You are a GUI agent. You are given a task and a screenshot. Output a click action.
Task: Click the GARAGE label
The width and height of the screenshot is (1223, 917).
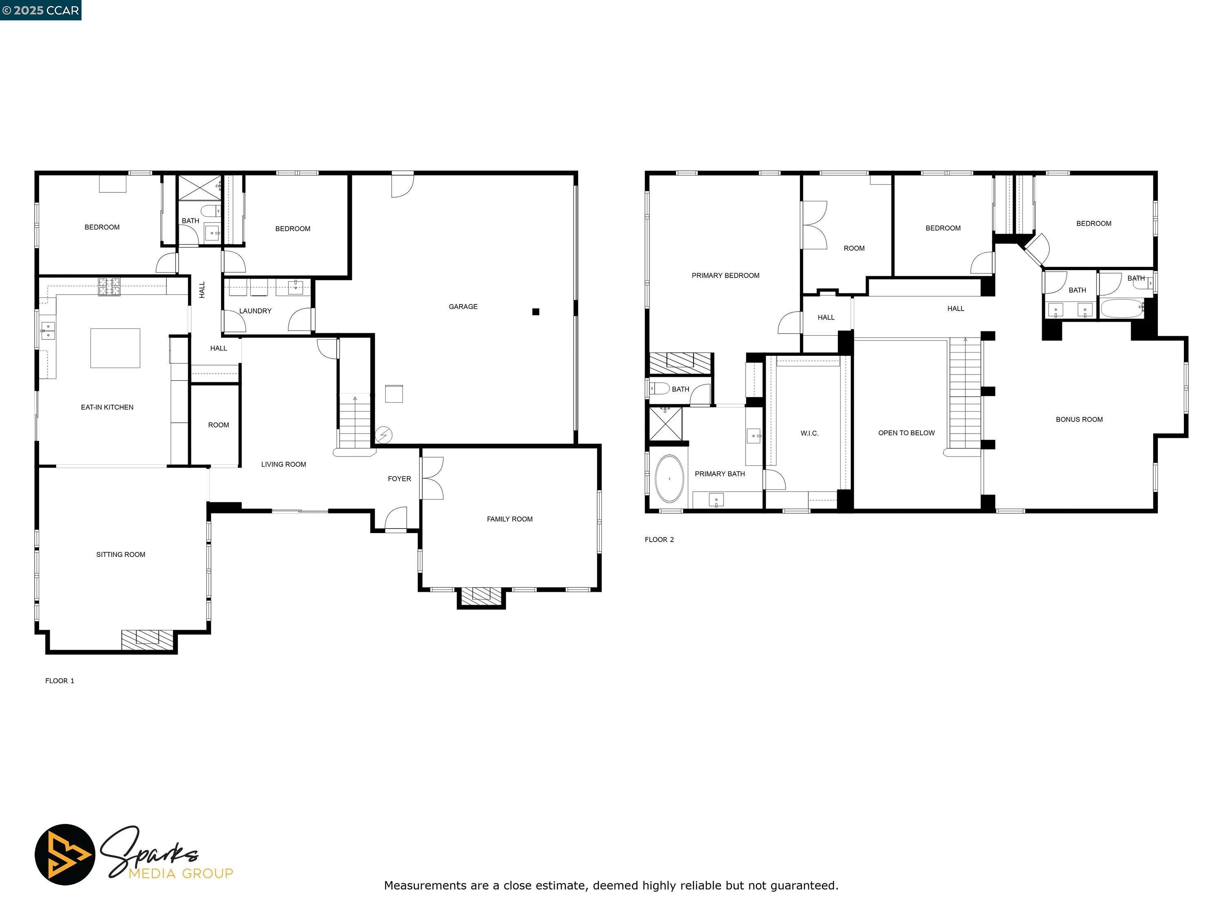tap(463, 306)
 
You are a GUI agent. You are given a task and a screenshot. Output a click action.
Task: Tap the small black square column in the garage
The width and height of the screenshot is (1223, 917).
tap(535, 312)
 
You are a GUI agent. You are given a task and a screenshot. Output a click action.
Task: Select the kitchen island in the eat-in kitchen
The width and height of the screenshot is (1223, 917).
tap(115, 348)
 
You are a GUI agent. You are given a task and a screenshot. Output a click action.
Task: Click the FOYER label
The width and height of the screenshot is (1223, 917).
tap(399, 479)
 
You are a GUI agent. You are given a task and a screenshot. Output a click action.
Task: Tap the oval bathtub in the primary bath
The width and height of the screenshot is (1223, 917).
tap(669, 479)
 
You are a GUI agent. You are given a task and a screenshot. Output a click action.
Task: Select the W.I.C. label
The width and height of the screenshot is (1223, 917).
tap(809, 433)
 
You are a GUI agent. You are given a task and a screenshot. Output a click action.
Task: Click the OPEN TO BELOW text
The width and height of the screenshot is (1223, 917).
tap(906, 433)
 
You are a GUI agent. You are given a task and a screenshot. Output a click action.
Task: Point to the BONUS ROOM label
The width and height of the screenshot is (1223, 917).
tap(1079, 419)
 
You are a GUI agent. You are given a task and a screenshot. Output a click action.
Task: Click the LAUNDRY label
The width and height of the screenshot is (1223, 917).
tap(256, 311)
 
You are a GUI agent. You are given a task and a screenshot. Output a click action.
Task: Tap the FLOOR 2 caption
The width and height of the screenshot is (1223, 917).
tap(659, 540)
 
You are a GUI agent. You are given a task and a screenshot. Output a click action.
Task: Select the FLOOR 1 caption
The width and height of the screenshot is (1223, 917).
tap(60, 681)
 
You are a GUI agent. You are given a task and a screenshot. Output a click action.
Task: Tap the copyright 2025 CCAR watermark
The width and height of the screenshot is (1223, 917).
tap(41, 10)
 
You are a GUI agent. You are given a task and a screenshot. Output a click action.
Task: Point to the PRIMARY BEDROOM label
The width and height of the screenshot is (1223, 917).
tap(725, 275)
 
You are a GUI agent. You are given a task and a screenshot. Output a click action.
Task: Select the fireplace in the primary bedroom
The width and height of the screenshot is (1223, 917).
tap(680, 363)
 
